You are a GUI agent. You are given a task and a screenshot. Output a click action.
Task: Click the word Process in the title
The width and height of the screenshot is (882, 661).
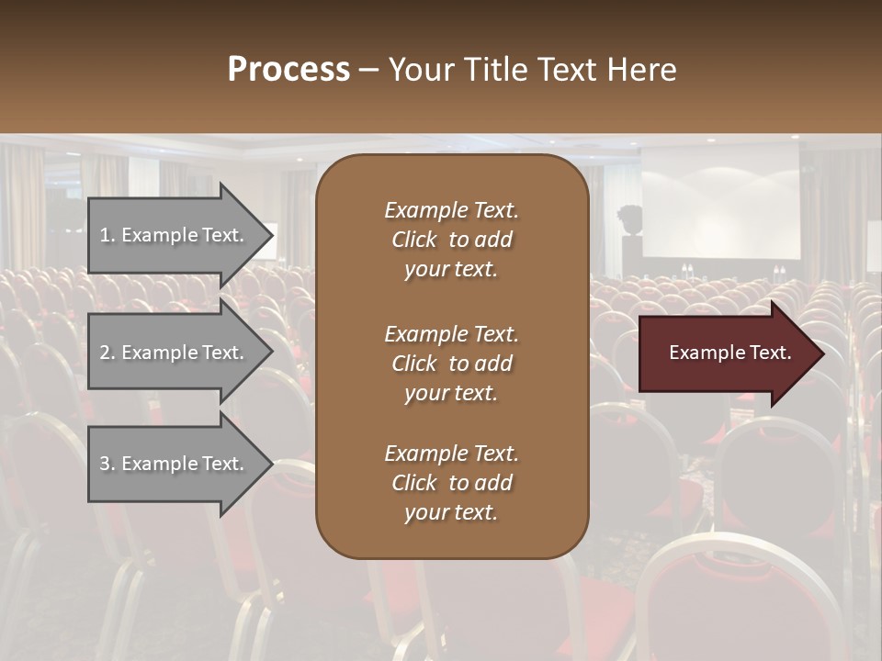point(288,70)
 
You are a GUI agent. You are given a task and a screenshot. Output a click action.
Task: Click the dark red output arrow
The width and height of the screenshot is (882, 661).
point(726,353)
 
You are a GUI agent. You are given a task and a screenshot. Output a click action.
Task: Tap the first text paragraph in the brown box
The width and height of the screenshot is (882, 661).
point(451,240)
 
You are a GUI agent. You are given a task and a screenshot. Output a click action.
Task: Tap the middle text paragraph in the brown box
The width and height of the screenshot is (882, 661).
point(451,364)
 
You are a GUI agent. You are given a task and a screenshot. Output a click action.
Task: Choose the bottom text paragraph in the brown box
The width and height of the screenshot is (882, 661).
point(451,483)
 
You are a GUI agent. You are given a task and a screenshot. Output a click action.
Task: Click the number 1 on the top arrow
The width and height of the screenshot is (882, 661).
point(105,235)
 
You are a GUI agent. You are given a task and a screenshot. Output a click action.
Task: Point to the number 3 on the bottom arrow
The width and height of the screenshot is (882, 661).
point(105,464)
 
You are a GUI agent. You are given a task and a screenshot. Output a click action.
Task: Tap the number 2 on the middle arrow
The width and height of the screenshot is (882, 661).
point(105,353)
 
